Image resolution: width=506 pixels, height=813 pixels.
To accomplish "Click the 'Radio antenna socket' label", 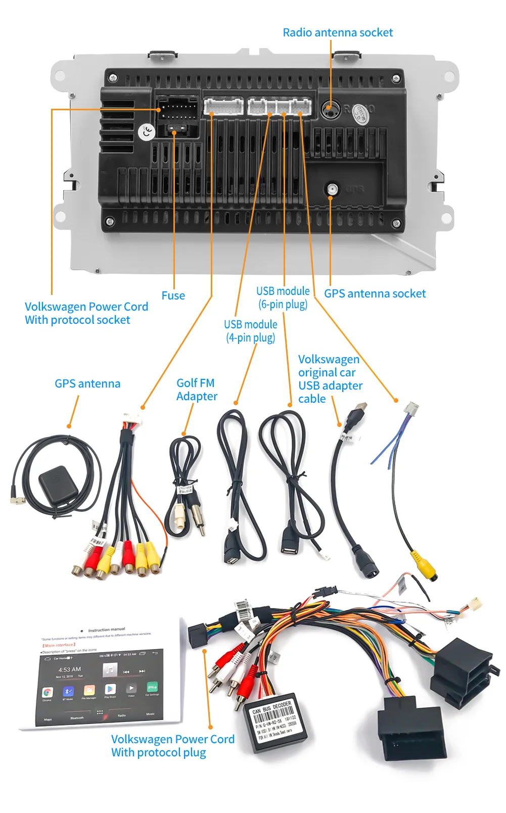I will tap(338, 32).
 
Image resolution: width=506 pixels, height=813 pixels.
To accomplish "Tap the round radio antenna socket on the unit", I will tap(329, 109).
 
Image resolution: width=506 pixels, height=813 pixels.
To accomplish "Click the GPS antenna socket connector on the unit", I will tap(332, 189).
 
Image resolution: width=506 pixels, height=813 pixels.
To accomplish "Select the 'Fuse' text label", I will tap(173, 295).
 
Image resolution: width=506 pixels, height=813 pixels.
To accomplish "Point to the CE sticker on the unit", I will tap(147, 133).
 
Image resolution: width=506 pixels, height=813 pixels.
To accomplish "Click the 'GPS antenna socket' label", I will tap(375, 293).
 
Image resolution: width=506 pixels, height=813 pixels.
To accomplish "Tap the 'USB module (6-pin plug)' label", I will tap(283, 297).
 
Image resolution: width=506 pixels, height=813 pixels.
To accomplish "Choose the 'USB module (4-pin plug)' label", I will tap(250, 331).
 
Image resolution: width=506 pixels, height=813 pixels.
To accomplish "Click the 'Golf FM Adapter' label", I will tap(197, 390).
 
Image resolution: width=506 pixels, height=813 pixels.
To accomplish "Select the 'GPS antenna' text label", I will tap(87, 383).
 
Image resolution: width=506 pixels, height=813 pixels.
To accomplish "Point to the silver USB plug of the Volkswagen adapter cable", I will tap(358, 411).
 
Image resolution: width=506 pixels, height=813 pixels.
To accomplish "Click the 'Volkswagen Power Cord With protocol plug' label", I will tap(172, 746).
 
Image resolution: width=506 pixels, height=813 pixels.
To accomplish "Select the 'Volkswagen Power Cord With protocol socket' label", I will tap(86, 313).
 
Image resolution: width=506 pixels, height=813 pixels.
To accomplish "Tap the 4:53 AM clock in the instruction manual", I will tap(69, 669).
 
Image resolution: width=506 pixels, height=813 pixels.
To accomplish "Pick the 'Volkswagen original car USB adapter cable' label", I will tap(330, 379).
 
